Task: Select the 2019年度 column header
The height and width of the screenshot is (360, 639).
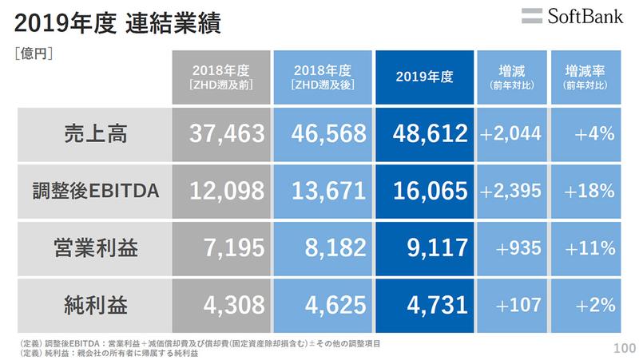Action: [424, 77]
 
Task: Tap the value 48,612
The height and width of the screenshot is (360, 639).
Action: [424, 134]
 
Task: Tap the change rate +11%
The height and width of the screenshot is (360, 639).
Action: [588, 247]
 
